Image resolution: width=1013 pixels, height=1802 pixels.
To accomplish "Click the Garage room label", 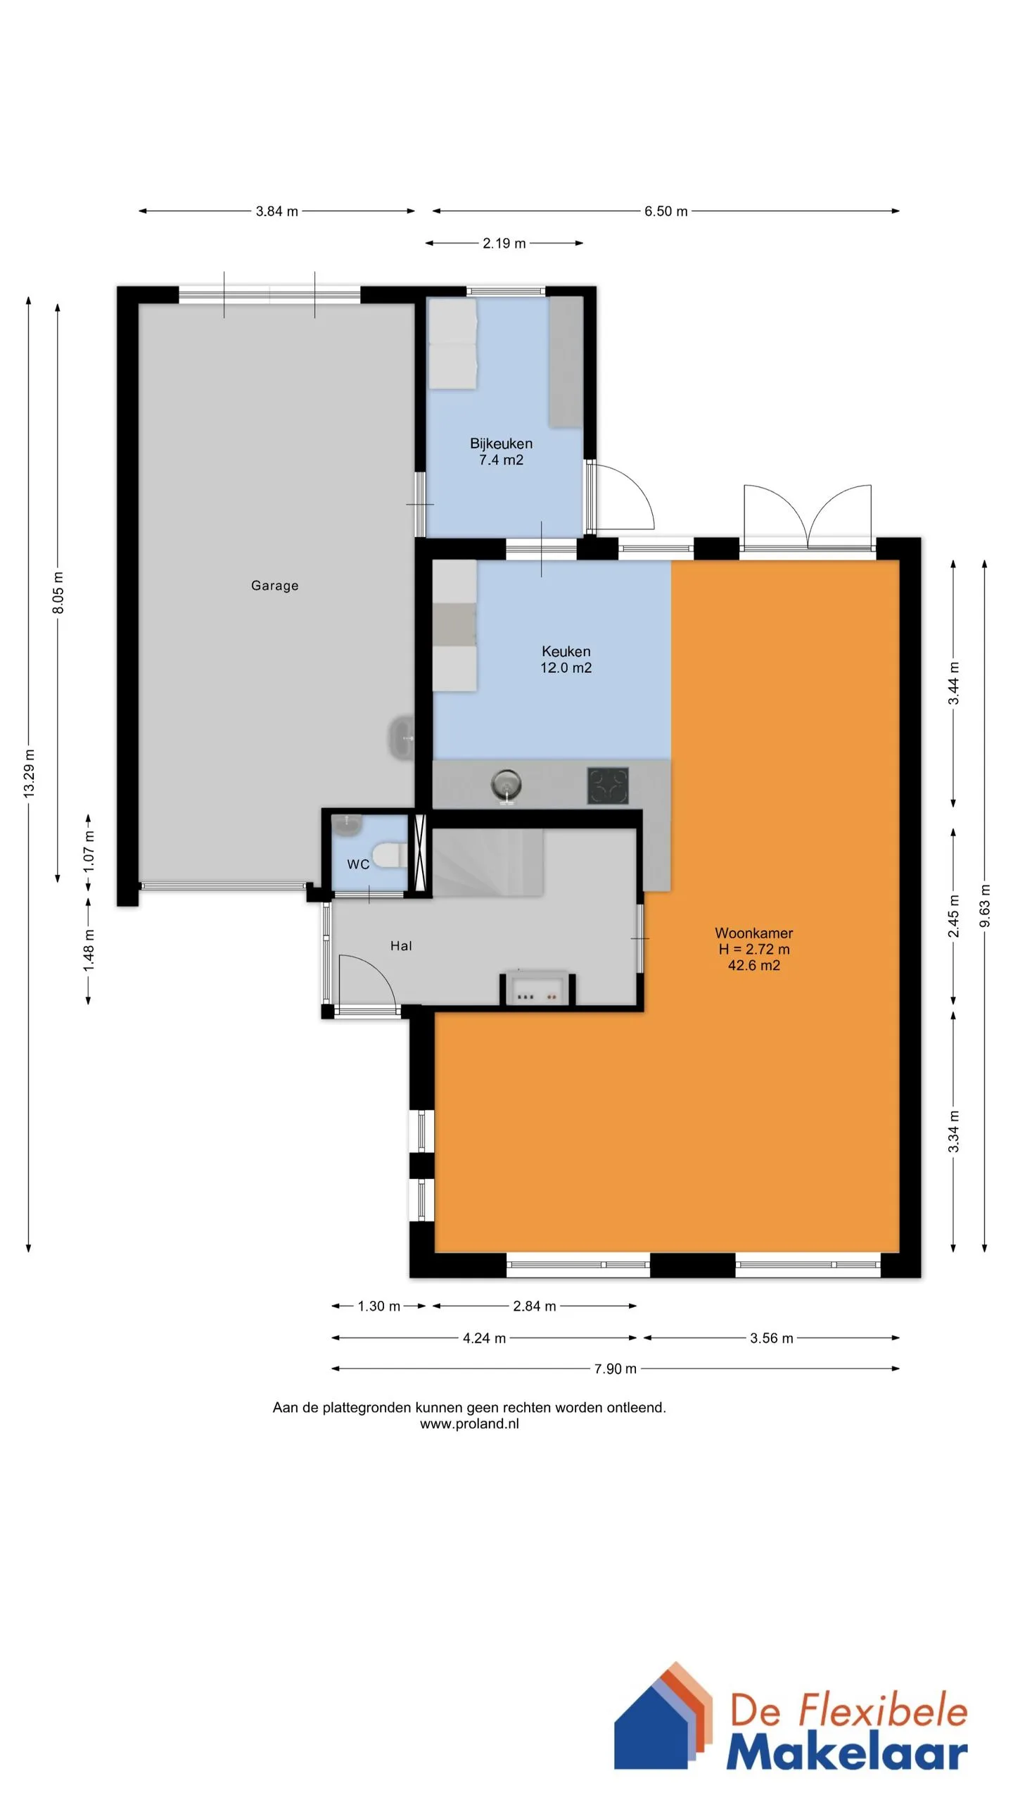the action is (274, 586).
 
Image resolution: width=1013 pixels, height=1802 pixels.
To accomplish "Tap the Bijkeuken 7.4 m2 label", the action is (501, 452).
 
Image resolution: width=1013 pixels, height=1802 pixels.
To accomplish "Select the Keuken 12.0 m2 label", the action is (566, 660).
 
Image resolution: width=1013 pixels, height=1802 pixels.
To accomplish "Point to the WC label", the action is (358, 864).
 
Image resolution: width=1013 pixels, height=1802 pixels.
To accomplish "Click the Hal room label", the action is (401, 946).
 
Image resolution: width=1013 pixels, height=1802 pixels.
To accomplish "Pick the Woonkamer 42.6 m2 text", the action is (754, 949).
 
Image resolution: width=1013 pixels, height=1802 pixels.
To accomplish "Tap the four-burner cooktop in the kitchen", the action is (608, 786).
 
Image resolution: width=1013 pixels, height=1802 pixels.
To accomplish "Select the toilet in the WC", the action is (386, 855).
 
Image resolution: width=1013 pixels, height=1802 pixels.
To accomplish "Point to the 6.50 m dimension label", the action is (665, 211).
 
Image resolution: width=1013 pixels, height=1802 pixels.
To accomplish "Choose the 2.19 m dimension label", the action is (504, 244).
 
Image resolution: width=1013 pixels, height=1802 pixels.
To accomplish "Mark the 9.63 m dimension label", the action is (984, 906).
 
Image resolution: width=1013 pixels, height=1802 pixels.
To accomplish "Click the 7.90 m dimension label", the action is (615, 1368).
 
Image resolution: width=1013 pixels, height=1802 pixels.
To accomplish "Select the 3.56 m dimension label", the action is (771, 1338).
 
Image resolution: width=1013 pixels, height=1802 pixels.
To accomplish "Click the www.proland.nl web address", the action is (469, 1423).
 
